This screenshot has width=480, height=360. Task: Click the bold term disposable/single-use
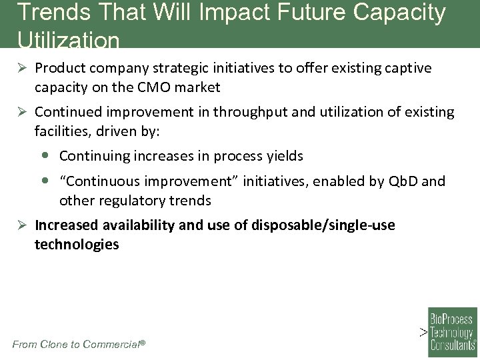point(323,225)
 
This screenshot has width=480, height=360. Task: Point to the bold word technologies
point(77,245)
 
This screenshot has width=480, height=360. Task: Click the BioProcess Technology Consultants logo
point(452,329)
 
